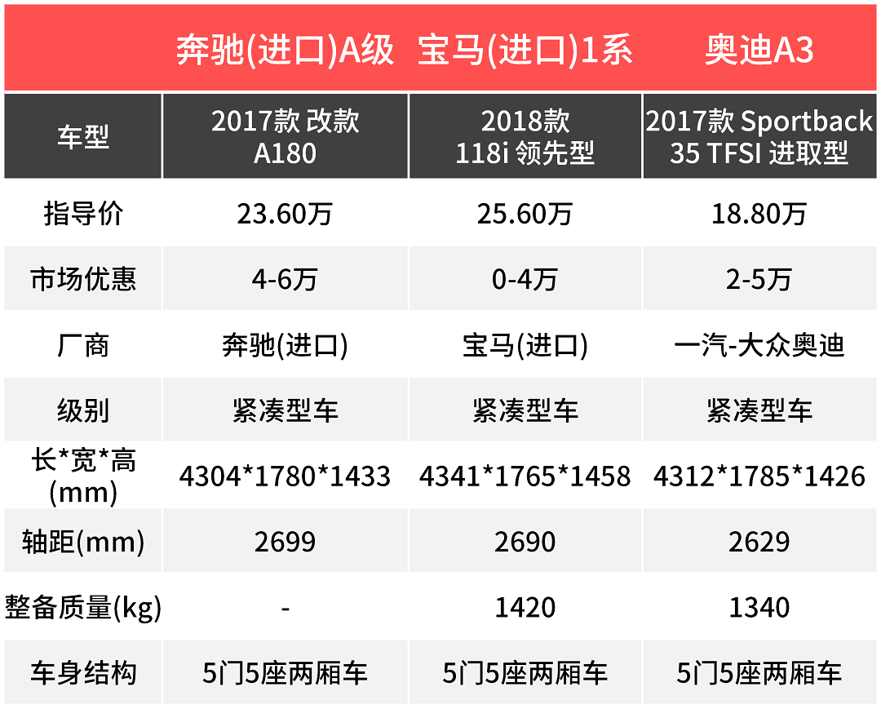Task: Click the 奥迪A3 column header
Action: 759,51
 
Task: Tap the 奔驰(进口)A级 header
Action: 285,51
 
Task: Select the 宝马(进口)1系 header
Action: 525,51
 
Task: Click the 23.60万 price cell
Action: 285,214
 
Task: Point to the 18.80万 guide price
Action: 759,214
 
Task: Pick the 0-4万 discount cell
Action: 525,280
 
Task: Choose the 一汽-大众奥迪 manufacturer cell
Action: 759,345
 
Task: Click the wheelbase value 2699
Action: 285,542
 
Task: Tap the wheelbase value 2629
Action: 759,542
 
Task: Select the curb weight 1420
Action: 525,608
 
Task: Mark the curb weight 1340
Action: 759,608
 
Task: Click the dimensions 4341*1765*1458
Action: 525,476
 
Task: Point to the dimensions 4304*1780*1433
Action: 285,476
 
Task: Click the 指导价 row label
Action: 82,214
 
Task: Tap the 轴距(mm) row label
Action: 82,542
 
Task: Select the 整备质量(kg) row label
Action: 82,608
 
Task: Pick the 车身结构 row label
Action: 82,674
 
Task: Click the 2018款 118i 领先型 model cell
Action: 525,136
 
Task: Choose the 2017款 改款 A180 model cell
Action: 285,136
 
